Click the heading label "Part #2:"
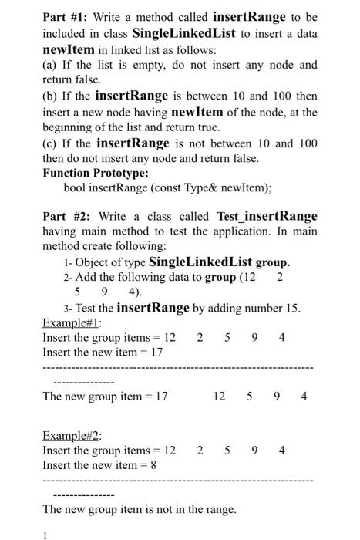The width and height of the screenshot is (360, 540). pyautogui.click(x=66, y=217)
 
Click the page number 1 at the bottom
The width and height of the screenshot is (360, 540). pyautogui.click(x=45, y=534)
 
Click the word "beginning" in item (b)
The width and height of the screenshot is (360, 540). pyautogui.click(x=69, y=127)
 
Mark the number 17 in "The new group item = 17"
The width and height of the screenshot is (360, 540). pyautogui.click(x=161, y=397)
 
